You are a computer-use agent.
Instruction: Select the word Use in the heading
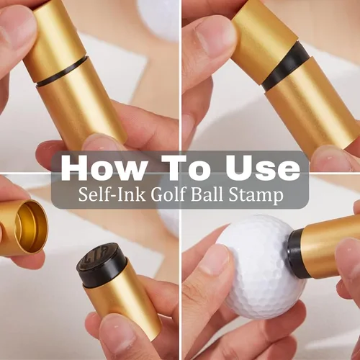264,168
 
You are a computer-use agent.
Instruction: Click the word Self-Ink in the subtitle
112,194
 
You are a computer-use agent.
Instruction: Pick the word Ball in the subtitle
207,194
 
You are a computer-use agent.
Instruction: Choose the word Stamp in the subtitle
256,196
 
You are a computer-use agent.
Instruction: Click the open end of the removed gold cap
31,227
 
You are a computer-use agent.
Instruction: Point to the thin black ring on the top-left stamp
61,71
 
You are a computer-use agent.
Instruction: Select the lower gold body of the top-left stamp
81,106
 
